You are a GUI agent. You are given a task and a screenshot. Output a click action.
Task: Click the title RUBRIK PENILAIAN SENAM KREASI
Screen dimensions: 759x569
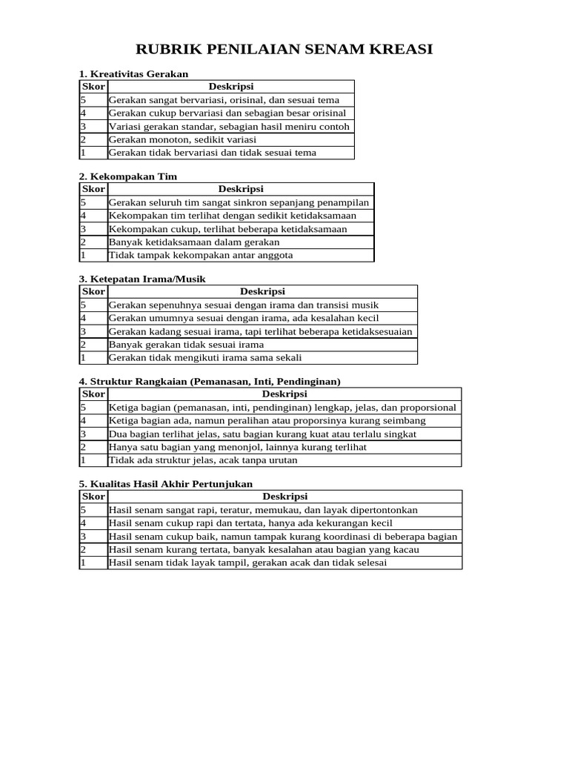284,50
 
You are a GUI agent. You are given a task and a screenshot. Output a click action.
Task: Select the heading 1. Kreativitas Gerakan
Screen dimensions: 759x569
133,74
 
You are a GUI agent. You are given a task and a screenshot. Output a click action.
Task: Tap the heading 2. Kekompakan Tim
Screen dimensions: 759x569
128,176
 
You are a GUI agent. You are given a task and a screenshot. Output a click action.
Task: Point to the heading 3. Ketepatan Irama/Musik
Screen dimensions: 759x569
142,279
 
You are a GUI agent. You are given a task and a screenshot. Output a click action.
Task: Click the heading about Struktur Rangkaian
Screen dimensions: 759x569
210,381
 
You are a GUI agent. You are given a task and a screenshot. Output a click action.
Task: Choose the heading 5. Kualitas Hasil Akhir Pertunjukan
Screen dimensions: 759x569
166,483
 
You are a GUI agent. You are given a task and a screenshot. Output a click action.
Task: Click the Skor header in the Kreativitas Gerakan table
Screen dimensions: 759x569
93,87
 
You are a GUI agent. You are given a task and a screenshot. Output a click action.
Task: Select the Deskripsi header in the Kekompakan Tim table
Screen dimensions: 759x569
241,189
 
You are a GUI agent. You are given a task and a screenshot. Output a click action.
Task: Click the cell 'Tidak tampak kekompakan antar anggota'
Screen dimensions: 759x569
201,255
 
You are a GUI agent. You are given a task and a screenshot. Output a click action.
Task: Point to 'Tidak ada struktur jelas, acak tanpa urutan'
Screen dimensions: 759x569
203,460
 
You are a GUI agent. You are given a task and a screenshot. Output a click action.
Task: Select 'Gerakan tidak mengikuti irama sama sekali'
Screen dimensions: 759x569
205,357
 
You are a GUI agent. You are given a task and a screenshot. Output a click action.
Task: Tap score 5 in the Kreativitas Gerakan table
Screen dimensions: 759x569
84,100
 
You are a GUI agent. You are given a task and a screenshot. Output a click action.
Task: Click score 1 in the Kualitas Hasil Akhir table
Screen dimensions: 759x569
84,563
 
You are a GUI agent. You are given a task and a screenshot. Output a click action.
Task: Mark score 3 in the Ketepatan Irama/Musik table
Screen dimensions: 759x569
84,331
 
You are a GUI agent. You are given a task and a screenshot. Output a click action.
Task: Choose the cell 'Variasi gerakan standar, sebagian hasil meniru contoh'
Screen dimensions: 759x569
229,126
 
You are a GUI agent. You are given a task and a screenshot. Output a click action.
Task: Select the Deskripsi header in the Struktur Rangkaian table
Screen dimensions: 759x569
284,394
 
